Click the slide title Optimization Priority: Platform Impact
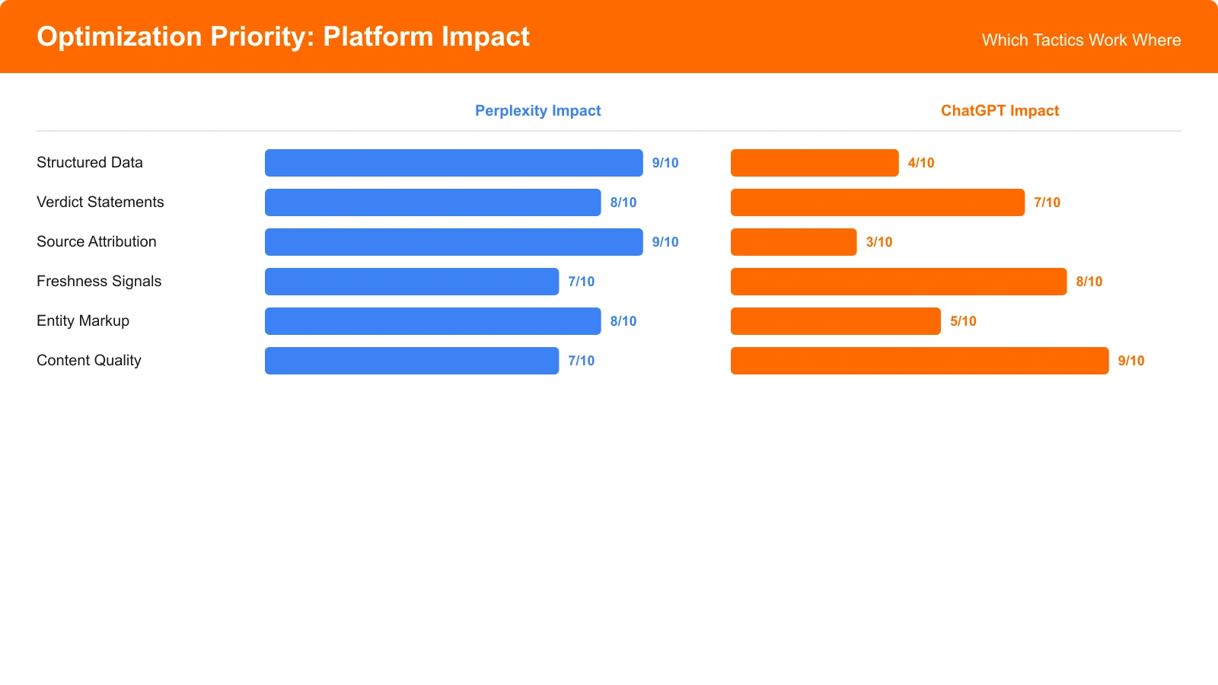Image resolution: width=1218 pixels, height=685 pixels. point(283,37)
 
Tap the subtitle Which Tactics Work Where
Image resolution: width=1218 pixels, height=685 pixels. point(1081,40)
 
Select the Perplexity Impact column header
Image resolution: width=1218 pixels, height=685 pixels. point(537,110)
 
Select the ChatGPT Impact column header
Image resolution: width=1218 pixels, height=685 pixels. point(1000,110)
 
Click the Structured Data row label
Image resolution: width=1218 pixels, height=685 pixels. point(90,162)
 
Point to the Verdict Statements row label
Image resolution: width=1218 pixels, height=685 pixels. point(100,202)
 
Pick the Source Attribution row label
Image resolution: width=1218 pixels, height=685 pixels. point(97,241)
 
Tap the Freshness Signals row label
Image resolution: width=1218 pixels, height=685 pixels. point(99,281)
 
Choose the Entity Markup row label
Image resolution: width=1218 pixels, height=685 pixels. point(83,320)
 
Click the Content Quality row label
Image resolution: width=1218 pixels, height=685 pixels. point(89,360)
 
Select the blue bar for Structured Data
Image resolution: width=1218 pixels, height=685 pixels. point(454,163)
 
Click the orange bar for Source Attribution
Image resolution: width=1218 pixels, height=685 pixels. point(793,242)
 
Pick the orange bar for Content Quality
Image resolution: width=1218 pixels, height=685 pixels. point(920,361)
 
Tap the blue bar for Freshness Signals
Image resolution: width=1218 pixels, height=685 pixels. point(412,282)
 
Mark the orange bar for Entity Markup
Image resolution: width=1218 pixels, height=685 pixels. point(836,321)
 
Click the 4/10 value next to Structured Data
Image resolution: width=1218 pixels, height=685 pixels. point(921,163)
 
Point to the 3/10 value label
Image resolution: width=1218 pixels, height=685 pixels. point(879,242)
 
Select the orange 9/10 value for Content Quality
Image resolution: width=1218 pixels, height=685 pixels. point(1131,361)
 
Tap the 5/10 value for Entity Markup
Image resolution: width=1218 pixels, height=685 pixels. point(963,321)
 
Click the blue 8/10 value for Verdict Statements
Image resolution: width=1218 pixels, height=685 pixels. point(623,202)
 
